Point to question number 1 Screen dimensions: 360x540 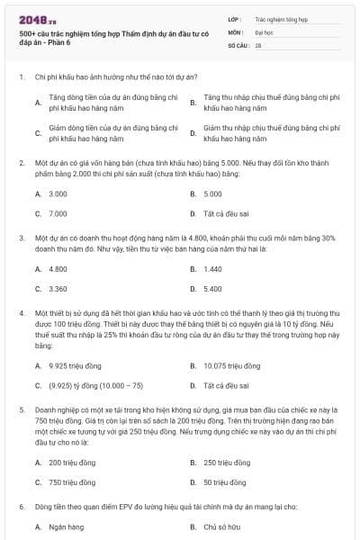(x=21, y=77)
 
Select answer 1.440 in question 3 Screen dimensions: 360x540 (x=213, y=269)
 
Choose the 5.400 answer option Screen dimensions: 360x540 (x=213, y=289)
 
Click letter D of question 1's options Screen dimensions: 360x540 (x=193, y=133)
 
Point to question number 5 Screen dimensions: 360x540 (x=21, y=409)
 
